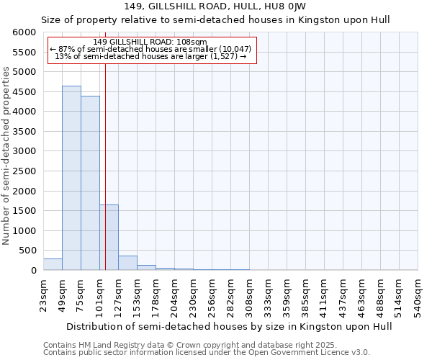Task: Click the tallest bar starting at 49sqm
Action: (71, 178)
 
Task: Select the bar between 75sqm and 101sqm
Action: (90, 183)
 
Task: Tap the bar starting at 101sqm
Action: (109, 237)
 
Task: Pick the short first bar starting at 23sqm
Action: (53, 264)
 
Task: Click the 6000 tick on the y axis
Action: (24, 32)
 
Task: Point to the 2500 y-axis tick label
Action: (24, 171)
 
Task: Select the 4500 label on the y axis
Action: (24, 92)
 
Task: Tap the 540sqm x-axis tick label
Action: (418, 295)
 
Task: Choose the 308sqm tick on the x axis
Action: (249, 295)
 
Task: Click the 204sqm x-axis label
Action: (174, 295)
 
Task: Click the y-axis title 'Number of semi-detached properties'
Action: (6, 156)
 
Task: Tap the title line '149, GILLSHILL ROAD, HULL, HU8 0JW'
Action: (215, 6)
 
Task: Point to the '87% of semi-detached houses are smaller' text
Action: (150, 49)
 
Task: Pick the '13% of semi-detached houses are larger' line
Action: (150, 56)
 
